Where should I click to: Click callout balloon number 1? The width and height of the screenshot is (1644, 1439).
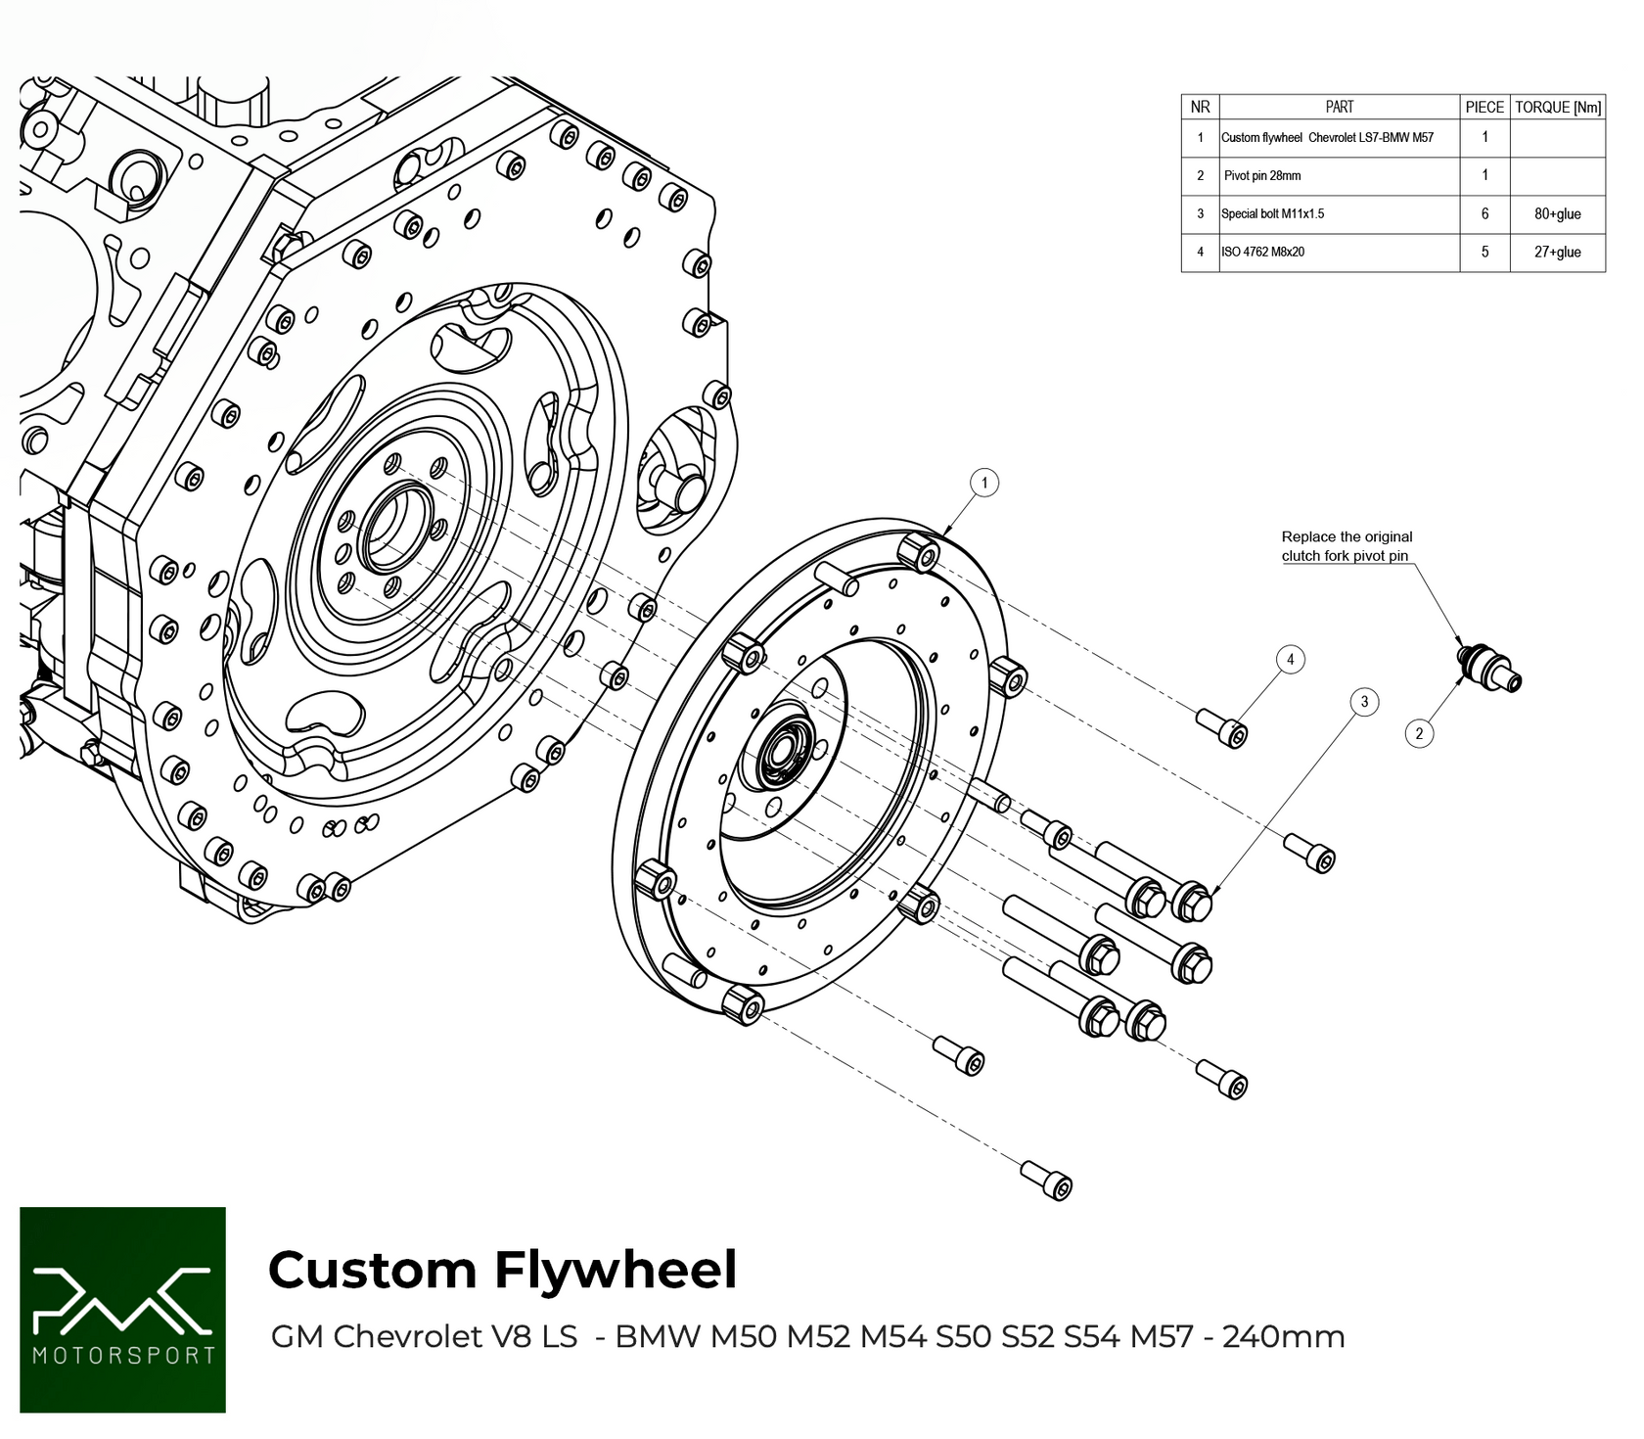pos(983,483)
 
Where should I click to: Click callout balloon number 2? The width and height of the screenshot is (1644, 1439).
pos(1419,733)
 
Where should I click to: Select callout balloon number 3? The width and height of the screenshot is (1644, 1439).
pos(1364,702)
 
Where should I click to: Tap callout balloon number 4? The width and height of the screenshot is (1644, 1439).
pos(1290,660)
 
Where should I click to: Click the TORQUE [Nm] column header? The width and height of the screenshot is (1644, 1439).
pos(1557,108)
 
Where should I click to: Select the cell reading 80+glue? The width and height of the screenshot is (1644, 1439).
pos(1557,214)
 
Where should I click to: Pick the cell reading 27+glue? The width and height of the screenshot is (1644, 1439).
pos(1557,253)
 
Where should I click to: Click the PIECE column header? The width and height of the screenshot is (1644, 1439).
pos(1484,108)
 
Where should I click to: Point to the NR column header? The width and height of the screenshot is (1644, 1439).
pos(1200,108)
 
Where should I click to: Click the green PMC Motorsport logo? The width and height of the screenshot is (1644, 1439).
pos(122,1310)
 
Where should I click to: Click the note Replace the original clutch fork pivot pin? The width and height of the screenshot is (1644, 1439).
pos(1347,546)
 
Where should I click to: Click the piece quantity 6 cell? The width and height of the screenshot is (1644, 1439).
pos(1484,214)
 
